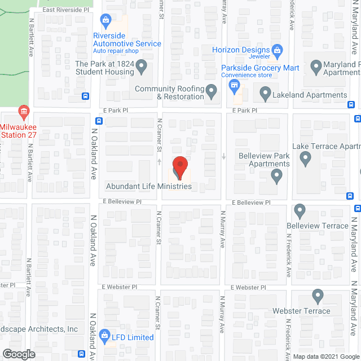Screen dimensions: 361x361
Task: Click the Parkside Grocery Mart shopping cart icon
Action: (234, 86)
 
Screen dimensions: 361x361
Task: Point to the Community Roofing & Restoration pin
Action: (212, 91)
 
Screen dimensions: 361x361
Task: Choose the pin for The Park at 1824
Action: (142, 68)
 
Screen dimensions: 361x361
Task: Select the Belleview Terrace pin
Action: (300, 212)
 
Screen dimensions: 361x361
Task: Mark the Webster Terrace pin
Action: (318, 297)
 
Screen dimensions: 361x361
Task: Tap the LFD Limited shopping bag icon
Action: (104, 337)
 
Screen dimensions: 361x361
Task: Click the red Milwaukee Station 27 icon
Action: (24, 111)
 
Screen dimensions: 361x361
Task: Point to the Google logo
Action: (18, 354)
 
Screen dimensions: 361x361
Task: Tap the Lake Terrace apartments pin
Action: (306, 160)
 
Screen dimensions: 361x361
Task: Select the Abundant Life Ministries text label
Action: (149, 186)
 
